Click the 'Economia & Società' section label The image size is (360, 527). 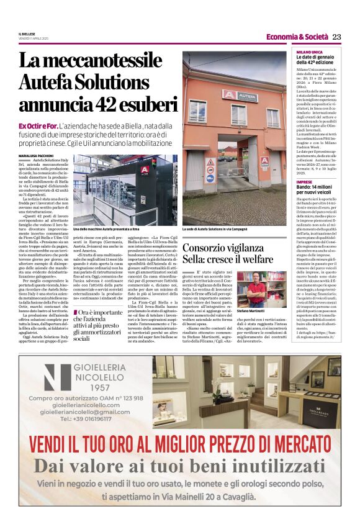coord(297,37)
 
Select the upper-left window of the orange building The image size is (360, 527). coord(197,111)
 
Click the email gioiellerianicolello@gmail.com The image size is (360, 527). coord(85,412)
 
